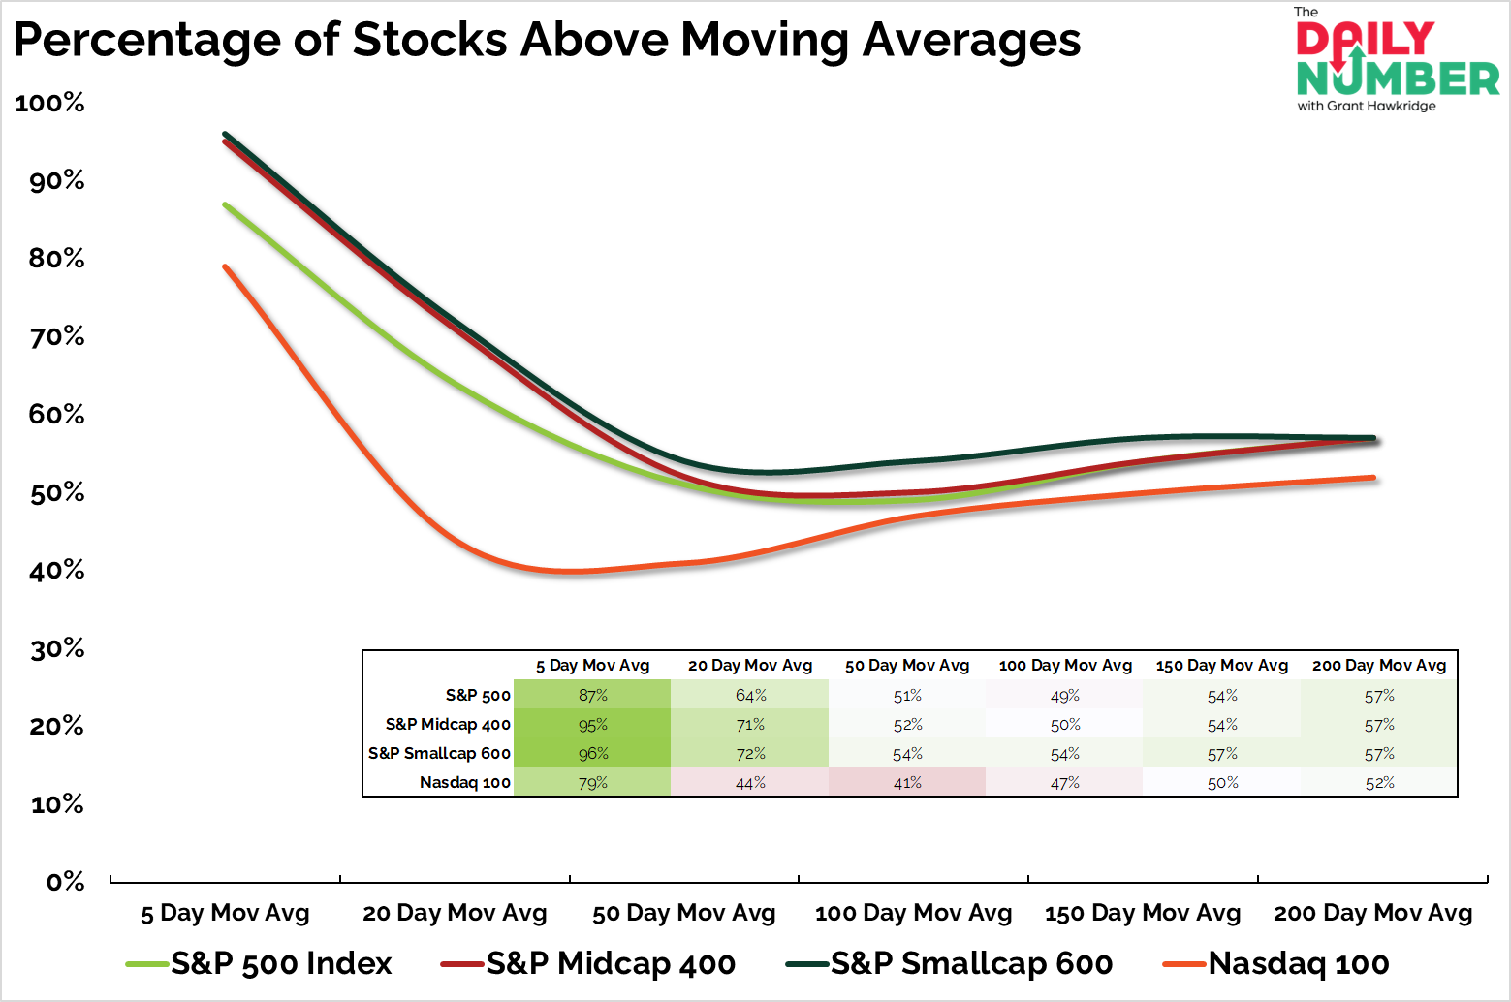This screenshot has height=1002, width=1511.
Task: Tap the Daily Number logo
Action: click(x=1397, y=61)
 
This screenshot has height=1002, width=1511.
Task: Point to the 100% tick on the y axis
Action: click(x=50, y=103)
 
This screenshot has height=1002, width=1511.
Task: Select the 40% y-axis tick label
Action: click(x=57, y=570)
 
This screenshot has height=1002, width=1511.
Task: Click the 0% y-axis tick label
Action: click(x=66, y=881)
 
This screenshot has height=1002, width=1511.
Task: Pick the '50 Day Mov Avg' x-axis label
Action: click(x=684, y=913)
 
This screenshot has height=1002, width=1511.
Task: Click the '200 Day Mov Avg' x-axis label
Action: click(x=1372, y=913)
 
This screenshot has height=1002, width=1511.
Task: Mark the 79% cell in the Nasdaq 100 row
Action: click(x=593, y=783)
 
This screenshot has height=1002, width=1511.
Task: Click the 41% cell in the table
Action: click(x=907, y=783)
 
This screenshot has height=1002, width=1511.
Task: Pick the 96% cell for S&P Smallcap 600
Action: click(x=593, y=754)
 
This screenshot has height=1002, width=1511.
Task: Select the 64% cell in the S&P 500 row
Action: click(x=750, y=696)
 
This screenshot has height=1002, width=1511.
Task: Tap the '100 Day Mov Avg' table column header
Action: click(x=1065, y=666)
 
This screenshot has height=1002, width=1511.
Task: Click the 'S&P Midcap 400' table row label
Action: click(x=448, y=725)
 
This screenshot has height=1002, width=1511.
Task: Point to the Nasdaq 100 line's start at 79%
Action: click(x=225, y=266)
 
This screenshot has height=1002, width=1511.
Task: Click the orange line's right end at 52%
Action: click(x=1373, y=478)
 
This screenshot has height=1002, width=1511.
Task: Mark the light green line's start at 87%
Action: click(x=225, y=204)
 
